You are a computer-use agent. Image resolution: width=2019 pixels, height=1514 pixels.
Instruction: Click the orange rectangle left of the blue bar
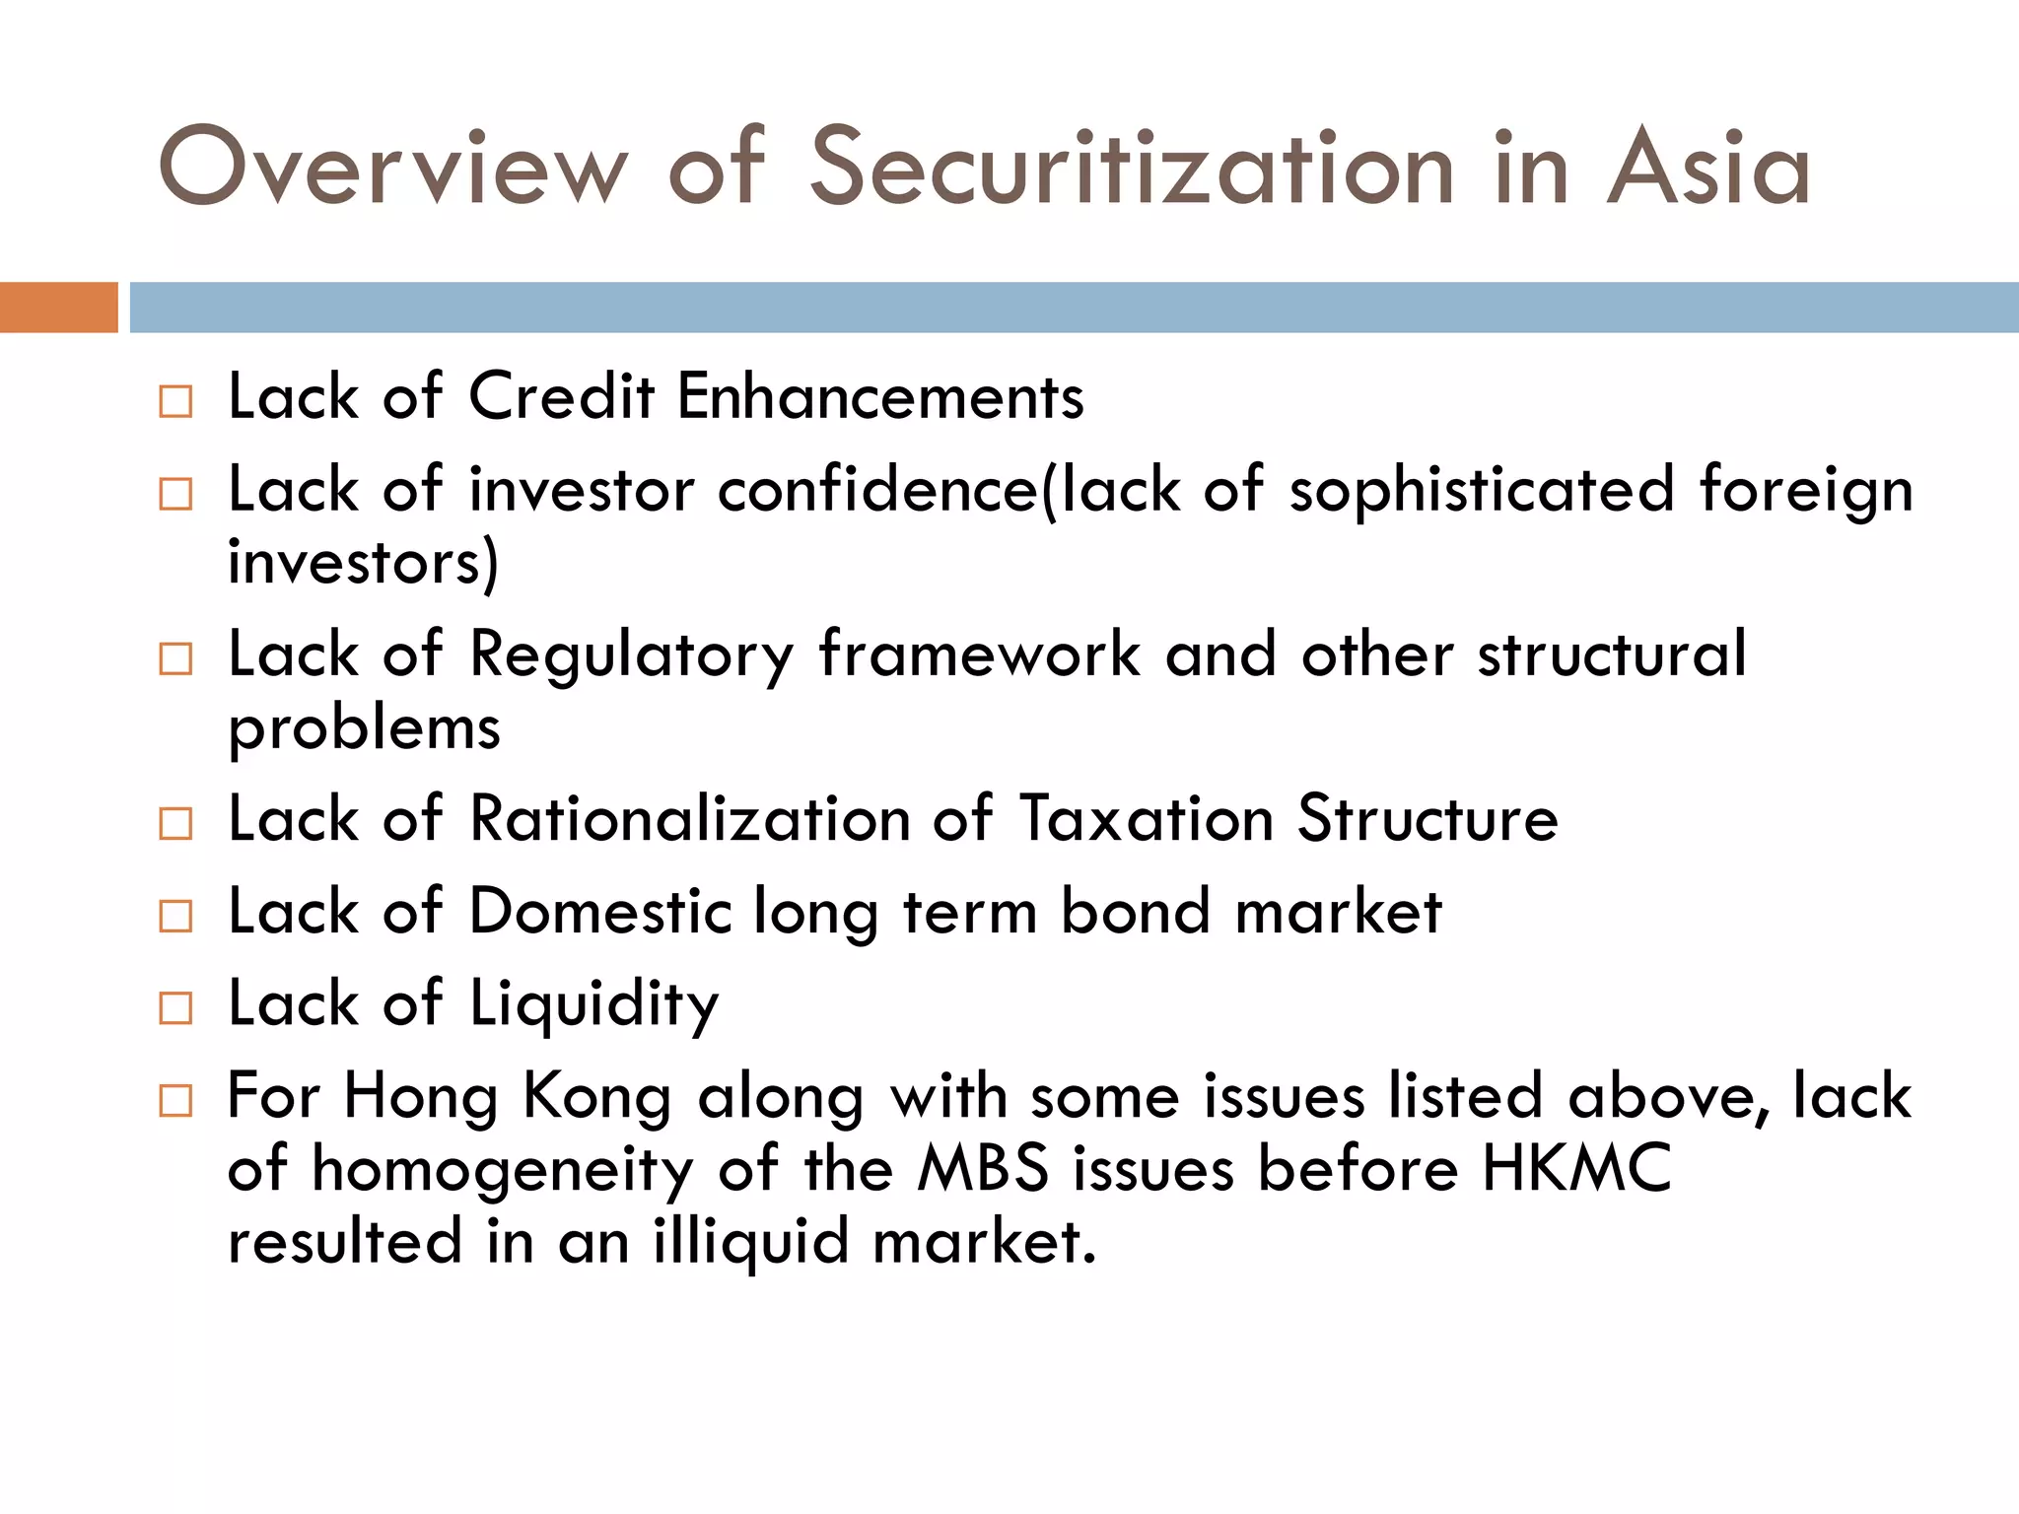tap(58, 308)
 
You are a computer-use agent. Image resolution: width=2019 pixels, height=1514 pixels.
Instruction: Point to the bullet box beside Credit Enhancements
tap(175, 401)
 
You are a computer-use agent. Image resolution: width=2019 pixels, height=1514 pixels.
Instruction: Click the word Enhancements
tap(880, 397)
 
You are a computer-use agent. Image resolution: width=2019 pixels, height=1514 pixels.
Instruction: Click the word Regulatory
tap(631, 655)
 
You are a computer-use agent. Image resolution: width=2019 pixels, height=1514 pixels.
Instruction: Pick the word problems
tap(364, 730)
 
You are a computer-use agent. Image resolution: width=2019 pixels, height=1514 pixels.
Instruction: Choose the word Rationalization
tap(689, 819)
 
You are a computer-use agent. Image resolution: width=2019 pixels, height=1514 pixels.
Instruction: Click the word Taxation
tap(1147, 819)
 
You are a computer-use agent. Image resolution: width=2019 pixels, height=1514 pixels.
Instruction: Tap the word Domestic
tap(599, 911)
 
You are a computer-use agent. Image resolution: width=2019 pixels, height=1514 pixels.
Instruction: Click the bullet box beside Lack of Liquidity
tap(175, 1008)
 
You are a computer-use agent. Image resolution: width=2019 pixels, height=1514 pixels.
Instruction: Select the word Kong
tap(596, 1097)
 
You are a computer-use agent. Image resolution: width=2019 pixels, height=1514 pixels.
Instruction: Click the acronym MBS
tap(983, 1169)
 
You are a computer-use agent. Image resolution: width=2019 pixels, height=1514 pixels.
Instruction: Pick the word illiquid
tap(750, 1241)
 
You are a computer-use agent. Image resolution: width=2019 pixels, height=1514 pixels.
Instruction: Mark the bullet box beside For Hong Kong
tap(175, 1100)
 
